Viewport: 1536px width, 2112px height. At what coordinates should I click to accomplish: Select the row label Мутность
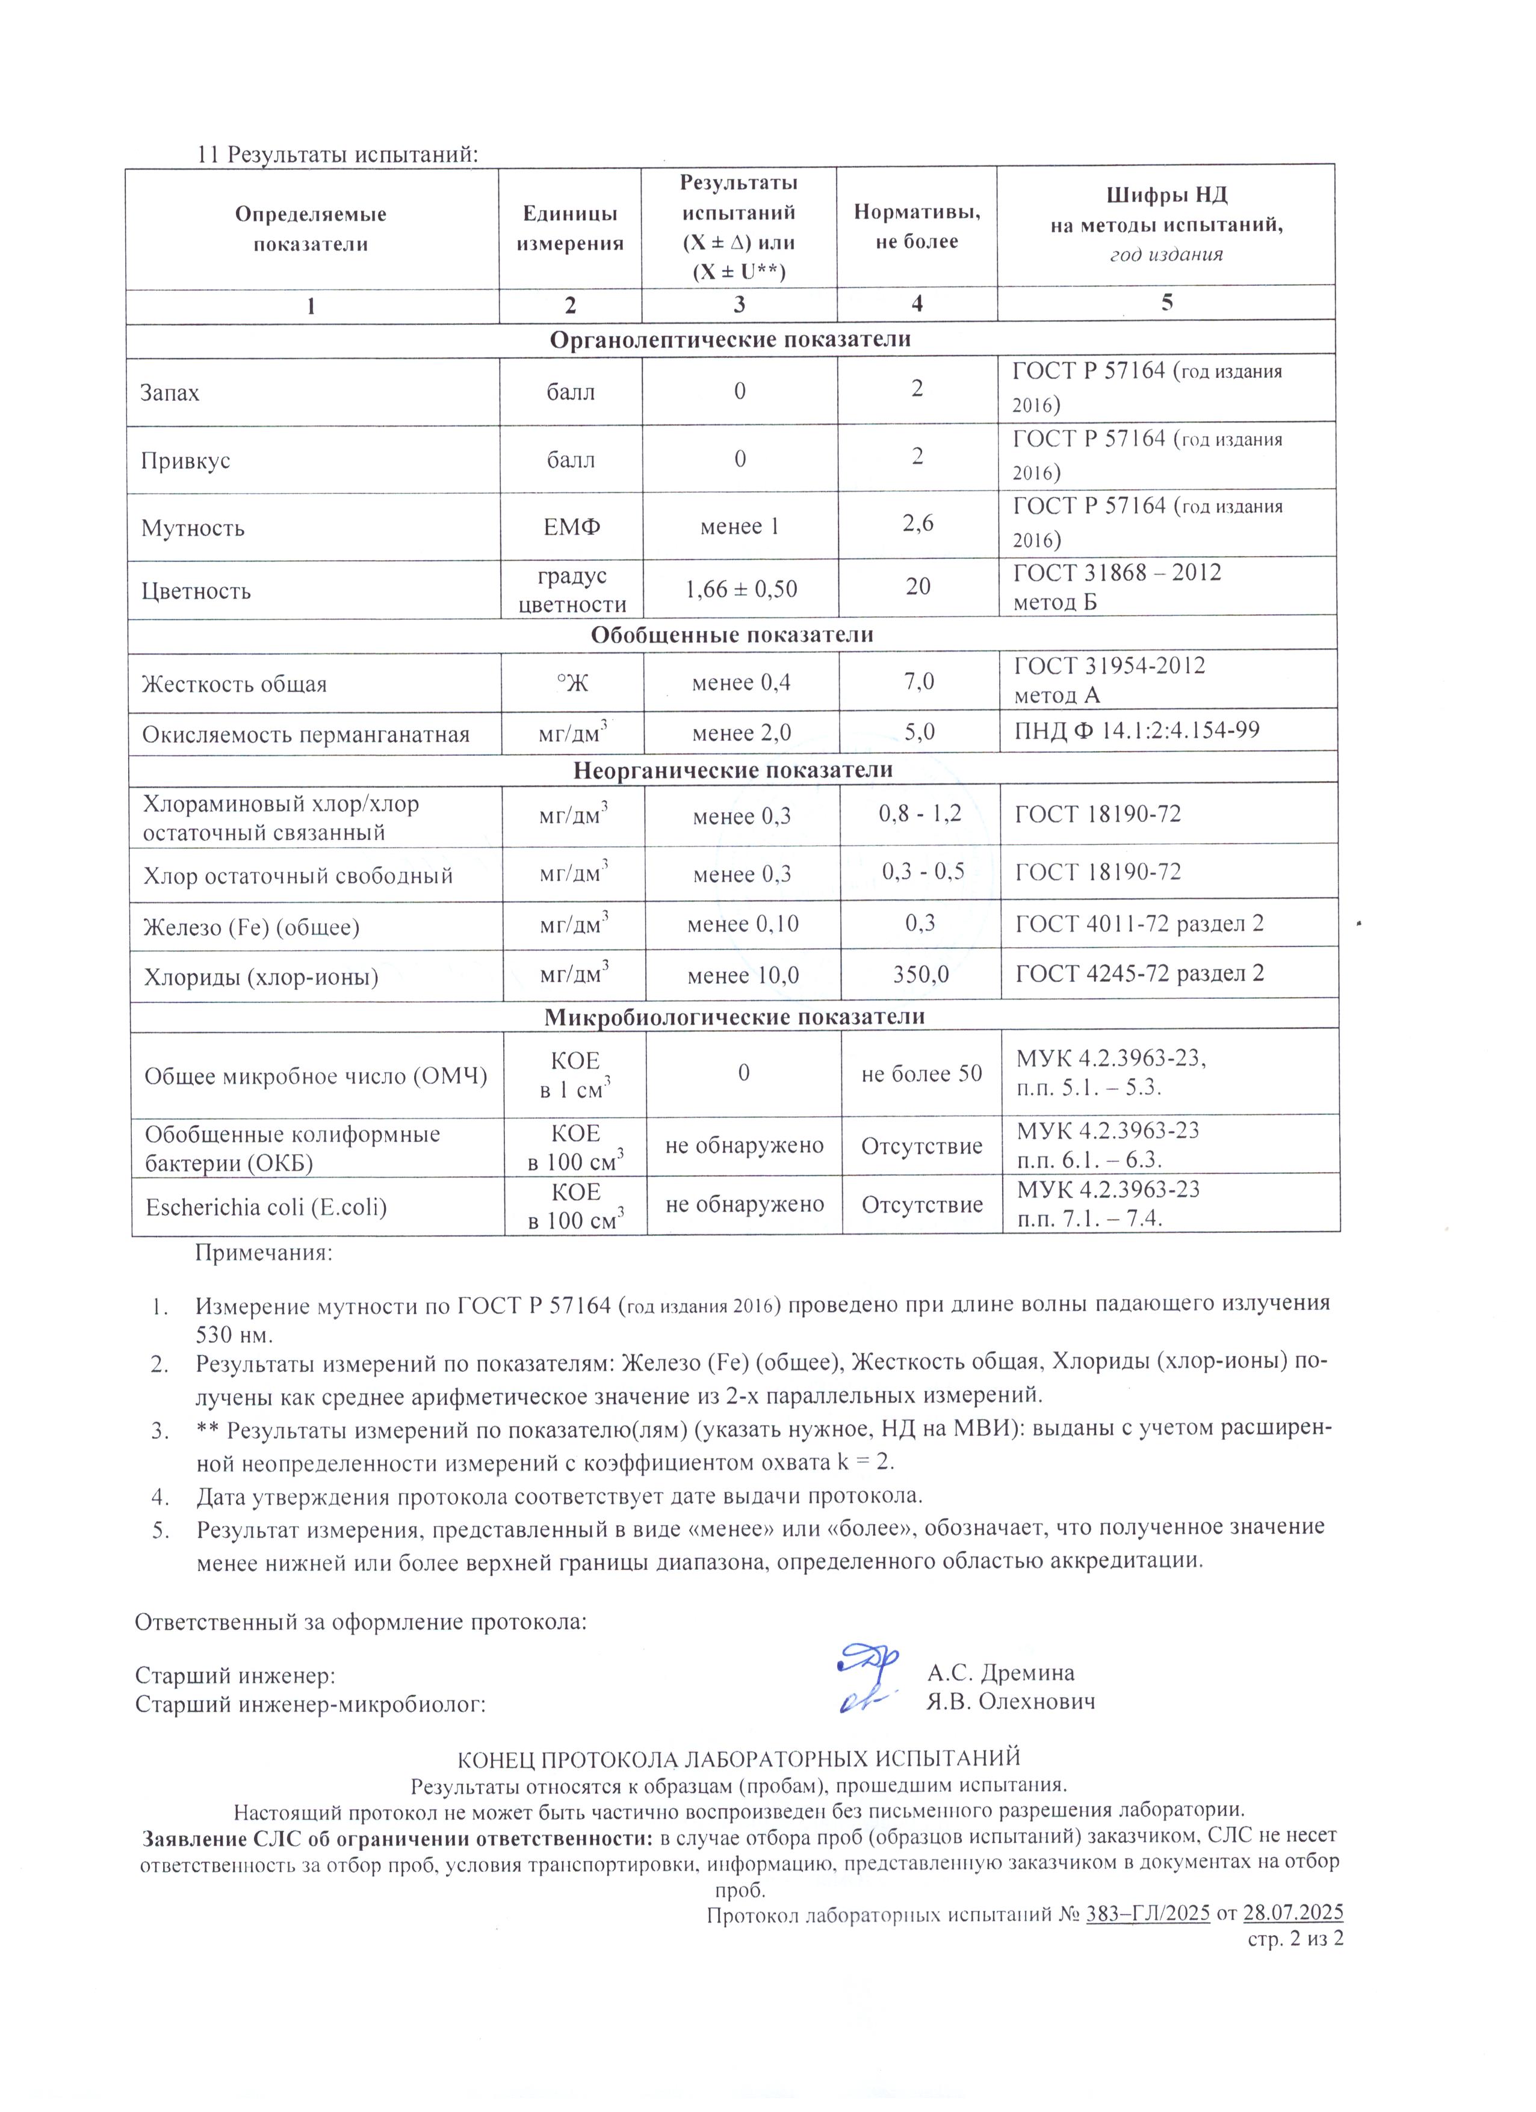[193, 528]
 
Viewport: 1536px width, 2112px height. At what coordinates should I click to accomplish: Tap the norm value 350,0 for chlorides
[920, 974]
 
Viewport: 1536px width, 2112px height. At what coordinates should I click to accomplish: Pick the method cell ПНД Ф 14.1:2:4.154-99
[1136, 730]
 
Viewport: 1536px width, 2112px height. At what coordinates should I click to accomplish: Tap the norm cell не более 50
[921, 1073]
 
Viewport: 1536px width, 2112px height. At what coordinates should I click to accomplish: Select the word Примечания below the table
[262, 1253]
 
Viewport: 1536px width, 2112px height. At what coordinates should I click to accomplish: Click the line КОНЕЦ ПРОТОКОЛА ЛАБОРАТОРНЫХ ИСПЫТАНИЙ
[738, 1758]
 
